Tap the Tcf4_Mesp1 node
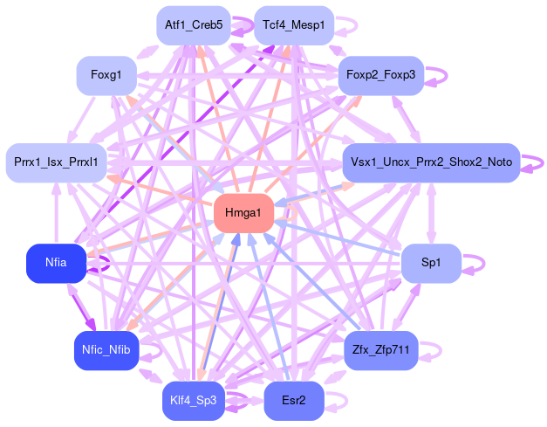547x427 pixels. [293, 25]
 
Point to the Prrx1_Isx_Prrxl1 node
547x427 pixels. [56, 162]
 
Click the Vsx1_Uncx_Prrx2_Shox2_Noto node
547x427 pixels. [431, 162]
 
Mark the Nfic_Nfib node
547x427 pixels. [105, 350]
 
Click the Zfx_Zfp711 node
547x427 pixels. [381, 350]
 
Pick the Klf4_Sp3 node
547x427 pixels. [193, 401]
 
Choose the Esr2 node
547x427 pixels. [294, 401]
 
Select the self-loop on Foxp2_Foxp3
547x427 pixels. [441, 76]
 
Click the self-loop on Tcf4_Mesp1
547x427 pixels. [346, 25]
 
